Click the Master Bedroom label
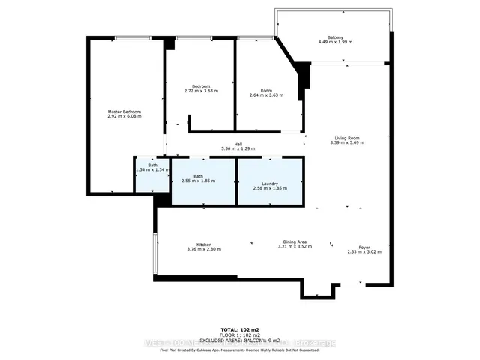tap(124, 112)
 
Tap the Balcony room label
tap(335, 37)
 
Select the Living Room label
tap(346, 138)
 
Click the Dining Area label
tap(293, 241)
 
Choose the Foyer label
tap(364, 247)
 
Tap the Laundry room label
tap(270, 184)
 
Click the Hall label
tap(238, 144)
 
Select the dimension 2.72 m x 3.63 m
tap(200, 91)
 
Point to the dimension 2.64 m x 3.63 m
tap(265, 95)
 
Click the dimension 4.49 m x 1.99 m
tap(335, 42)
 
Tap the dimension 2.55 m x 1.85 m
tap(198, 181)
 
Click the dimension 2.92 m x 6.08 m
tap(124, 116)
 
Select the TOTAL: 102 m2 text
tap(240, 329)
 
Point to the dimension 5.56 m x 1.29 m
tap(238, 148)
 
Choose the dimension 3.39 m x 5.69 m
tap(346, 142)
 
